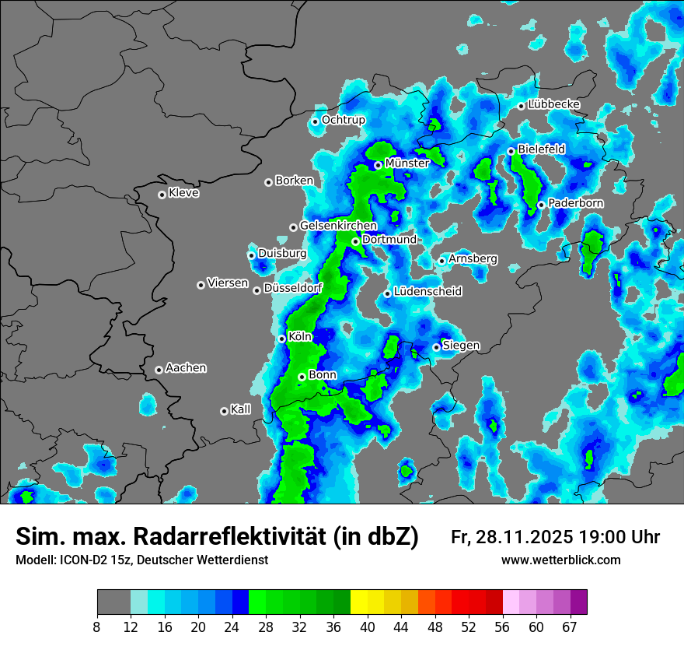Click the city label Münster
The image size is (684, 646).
coord(407,163)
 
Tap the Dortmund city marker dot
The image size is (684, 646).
coord(355,241)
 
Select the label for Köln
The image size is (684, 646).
coord(300,338)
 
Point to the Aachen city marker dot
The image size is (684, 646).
coord(159,370)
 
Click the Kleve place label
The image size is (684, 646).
coord(184,193)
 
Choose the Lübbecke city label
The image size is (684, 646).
coord(554,104)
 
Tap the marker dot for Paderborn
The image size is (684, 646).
coord(541,205)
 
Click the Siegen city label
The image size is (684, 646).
coord(461,346)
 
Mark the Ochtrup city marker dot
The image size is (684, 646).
coord(315,121)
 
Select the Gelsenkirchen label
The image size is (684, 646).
coord(338,226)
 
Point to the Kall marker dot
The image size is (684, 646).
coord(224,411)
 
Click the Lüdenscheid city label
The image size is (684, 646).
coord(427,292)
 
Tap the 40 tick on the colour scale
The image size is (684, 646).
coord(368,627)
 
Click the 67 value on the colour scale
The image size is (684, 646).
coord(570,627)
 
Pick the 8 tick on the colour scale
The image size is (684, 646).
coord(97,627)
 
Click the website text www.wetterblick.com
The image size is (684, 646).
coord(561,560)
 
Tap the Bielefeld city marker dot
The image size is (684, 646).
coord(511,151)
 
